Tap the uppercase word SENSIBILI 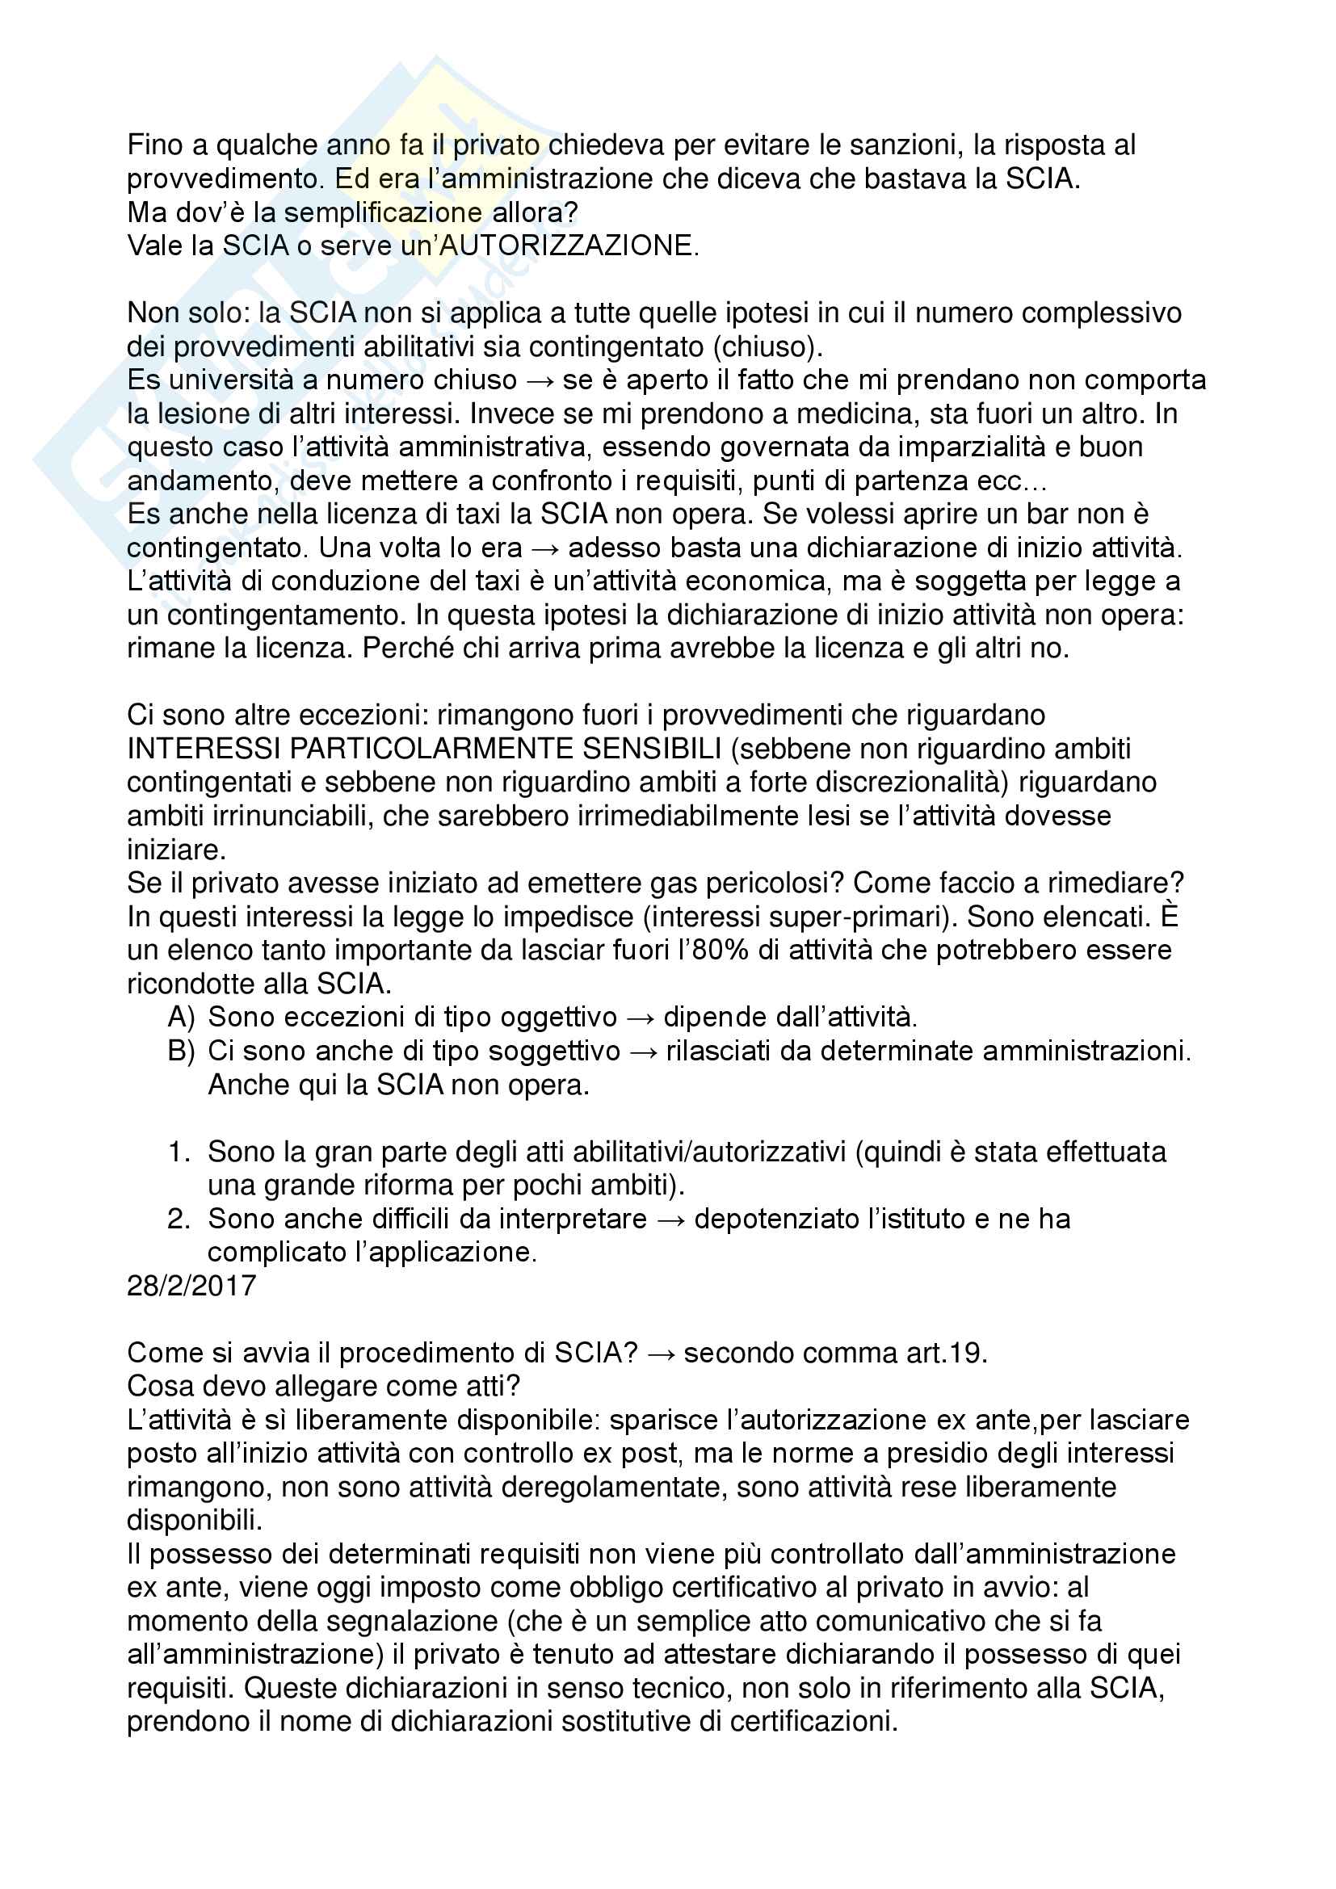click(x=653, y=749)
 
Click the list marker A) click(x=181, y=1018)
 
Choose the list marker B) click(x=181, y=1052)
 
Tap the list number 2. click(x=179, y=1219)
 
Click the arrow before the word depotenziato click(x=670, y=1219)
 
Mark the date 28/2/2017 click(x=191, y=1285)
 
